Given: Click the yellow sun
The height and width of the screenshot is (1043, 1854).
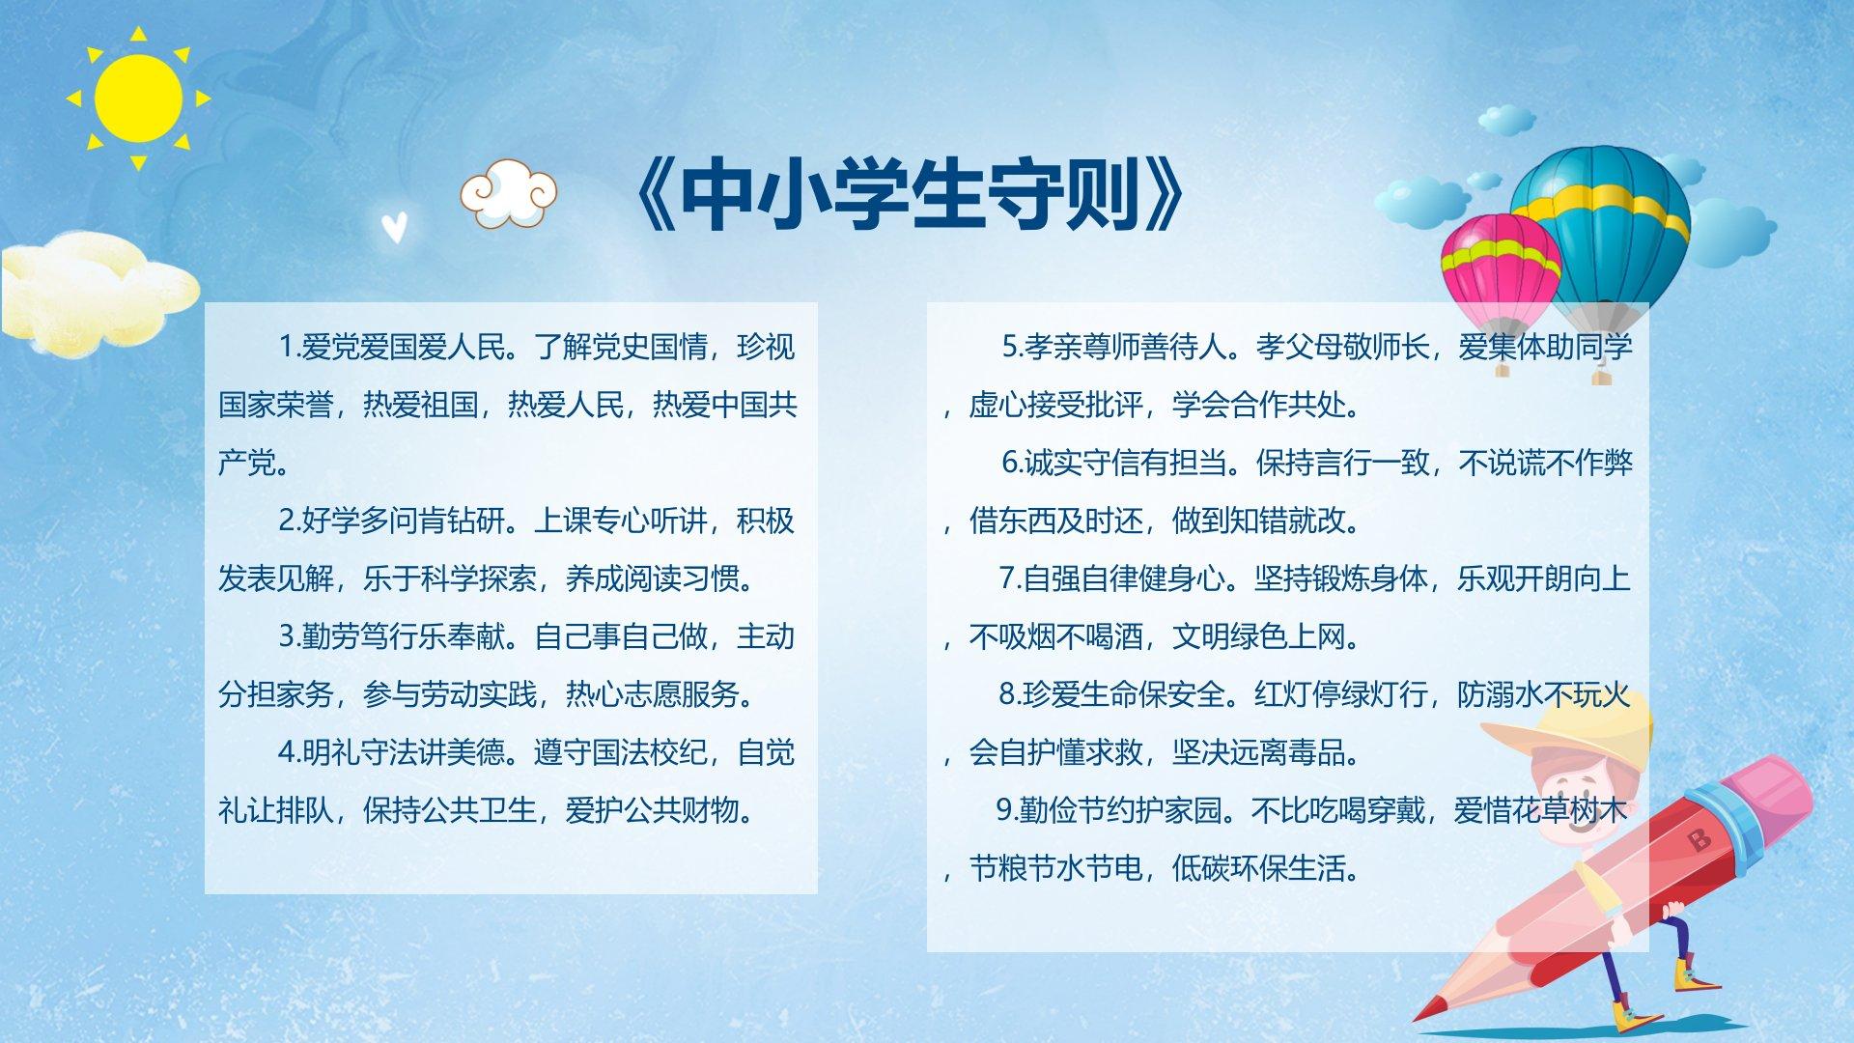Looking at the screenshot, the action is click(x=138, y=97).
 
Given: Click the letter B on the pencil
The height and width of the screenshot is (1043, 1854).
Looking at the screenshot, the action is click(x=1699, y=838).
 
